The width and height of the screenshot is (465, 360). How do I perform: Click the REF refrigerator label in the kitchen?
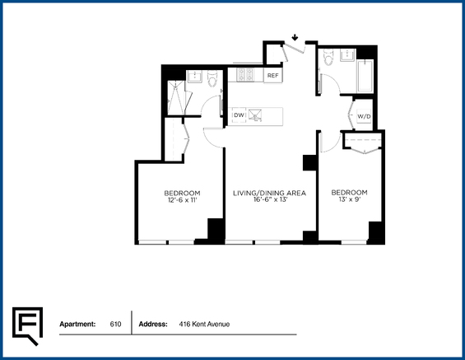(x=273, y=76)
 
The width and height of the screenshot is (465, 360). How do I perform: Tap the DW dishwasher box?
(x=239, y=115)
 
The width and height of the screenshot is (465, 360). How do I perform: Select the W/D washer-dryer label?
(x=364, y=117)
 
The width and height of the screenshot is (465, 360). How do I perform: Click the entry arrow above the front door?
(x=295, y=37)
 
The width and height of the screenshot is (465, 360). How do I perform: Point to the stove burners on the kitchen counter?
(x=245, y=74)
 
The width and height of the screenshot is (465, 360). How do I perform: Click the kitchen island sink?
(x=255, y=115)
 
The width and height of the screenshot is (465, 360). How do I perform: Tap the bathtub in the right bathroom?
(x=365, y=77)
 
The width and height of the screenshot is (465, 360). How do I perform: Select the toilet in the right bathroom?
(x=328, y=58)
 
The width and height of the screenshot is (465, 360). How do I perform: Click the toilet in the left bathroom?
(x=212, y=78)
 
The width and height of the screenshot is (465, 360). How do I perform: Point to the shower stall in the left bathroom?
(x=176, y=97)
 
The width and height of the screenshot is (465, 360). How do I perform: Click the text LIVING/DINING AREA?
(x=269, y=194)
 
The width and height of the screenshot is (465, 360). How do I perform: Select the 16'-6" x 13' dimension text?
(x=271, y=199)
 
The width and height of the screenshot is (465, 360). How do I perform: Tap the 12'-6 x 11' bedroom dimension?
(x=183, y=200)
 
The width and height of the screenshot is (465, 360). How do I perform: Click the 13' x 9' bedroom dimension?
(x=350, y=199)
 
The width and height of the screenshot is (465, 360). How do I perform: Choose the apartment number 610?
(x=115, y=324)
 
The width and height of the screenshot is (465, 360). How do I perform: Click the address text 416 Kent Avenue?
(x=204, y=324)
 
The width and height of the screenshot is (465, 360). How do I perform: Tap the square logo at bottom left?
(x=27, y=326)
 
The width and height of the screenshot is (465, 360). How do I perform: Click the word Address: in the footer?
(x=153, y=324)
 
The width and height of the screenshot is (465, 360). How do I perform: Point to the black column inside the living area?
(x=310, y=162)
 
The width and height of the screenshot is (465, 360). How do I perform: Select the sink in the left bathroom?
(x=194, y=77)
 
